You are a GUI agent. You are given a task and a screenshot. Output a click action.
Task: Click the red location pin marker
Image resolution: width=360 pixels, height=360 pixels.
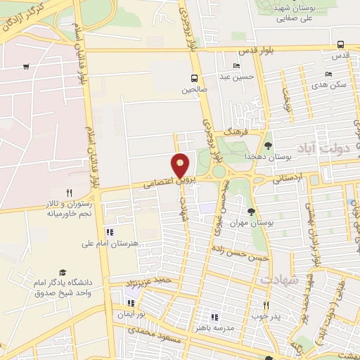coord(181,167)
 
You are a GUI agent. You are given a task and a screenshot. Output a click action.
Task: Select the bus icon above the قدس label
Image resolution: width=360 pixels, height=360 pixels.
coord(340,44)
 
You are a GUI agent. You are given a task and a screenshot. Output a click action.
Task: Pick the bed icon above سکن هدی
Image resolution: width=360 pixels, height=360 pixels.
coord(328,74)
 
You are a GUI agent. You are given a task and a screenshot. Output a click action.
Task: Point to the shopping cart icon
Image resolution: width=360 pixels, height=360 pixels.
coord(26,67)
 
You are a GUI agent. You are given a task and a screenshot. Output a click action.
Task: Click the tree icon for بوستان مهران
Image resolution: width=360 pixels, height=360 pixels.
coord(251,211)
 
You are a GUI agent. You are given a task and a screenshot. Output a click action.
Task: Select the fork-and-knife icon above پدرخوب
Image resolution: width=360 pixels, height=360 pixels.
coord(266,305)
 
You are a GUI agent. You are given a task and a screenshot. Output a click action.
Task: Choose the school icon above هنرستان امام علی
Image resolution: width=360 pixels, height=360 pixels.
coord(108,232)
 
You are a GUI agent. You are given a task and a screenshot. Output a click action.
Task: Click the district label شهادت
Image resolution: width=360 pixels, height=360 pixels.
coord(280,280)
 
